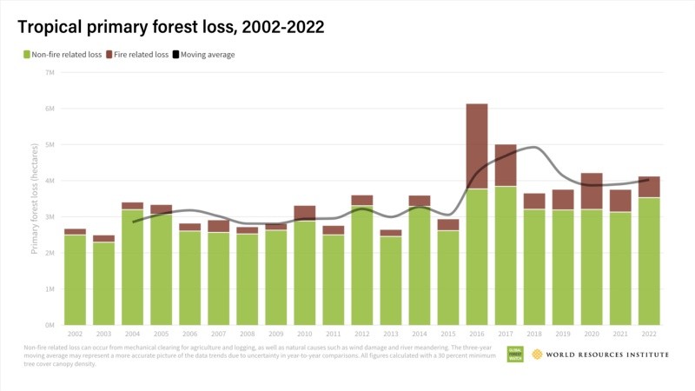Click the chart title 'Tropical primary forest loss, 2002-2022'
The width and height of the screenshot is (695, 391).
click(171, 27)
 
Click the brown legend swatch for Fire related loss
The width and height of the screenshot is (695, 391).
click(111, 55)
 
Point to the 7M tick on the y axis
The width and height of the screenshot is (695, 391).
click(50, 72)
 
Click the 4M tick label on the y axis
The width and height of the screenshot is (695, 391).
click(50, 181)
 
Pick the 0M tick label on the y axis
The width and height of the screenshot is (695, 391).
click(50, 325)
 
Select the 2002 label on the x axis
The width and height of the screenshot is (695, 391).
click(75, 334)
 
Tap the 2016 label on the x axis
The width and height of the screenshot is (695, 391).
click(476, 334)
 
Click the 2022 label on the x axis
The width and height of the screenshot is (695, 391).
click(648, 334)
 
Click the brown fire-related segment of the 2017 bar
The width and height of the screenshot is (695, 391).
click(505, 165)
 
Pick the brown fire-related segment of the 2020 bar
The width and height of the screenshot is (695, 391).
click(591, 191)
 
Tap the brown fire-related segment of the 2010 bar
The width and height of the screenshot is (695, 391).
click(304, 213)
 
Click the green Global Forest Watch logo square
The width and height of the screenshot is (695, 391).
click(514, 355)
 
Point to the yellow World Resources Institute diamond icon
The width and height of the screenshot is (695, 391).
click(538, 355)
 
